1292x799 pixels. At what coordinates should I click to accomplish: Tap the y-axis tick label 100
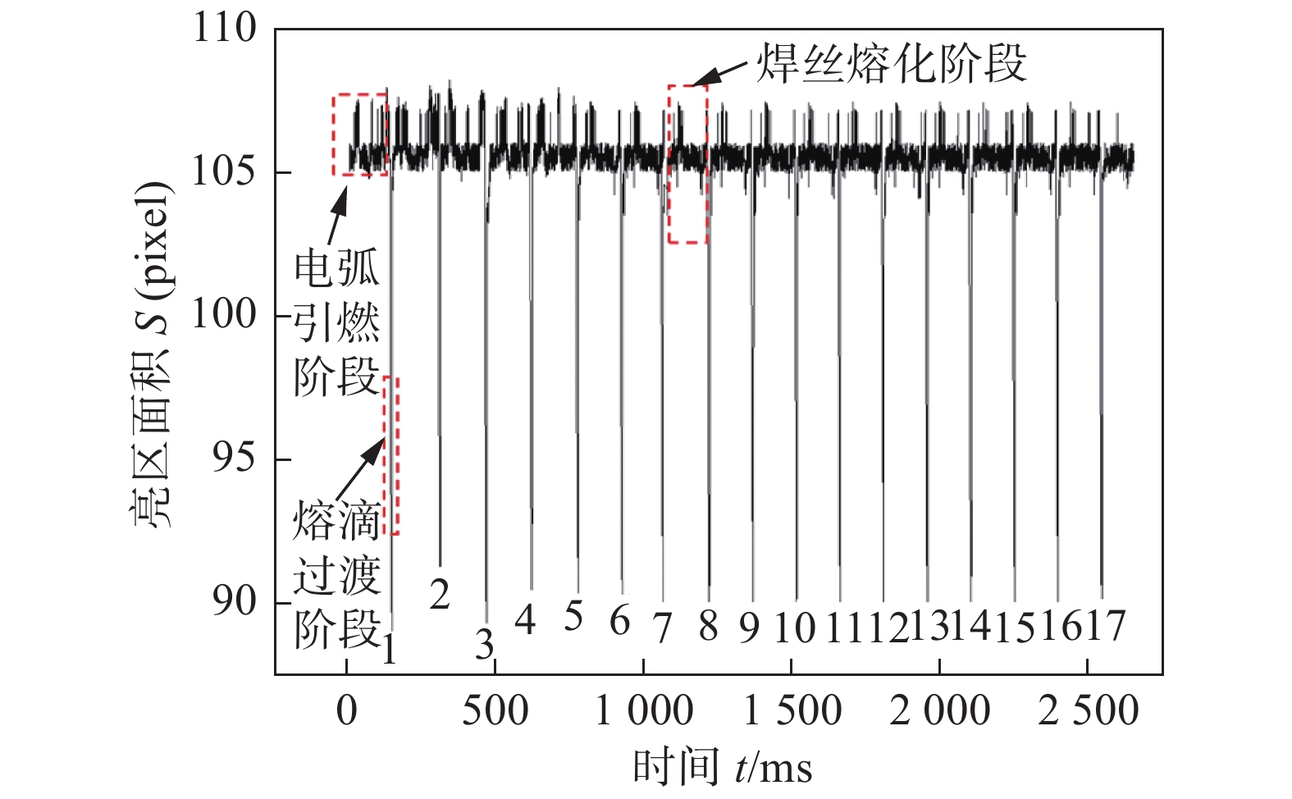point(224,314)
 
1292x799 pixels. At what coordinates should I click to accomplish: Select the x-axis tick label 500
point(495,710)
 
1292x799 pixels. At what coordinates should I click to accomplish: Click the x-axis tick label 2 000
point(940,710)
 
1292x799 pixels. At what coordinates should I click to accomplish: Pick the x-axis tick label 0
point(346,710)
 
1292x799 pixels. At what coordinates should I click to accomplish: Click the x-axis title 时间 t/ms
point(722,768)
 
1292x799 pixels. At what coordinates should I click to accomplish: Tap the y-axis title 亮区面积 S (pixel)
point(153,354)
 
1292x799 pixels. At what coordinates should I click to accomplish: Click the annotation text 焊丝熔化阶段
point(890,63)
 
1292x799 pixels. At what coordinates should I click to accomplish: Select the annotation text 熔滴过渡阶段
point(336,574)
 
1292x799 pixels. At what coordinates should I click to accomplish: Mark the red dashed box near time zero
point(359,135)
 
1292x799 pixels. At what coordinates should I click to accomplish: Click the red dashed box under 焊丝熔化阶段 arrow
point(687,164)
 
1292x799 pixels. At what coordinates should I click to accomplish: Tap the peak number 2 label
point(440,594)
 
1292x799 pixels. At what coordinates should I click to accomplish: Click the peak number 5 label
point(573,616)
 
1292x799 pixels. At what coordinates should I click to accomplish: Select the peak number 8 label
point(708,627)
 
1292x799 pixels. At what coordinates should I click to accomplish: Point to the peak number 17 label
point(1106,627)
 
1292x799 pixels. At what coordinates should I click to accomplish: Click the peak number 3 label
point(485,645)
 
